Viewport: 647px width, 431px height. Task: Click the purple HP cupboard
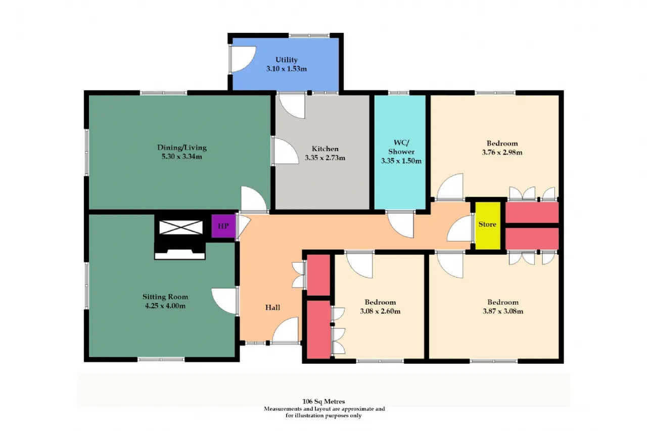pyautogui.click(x=223, y=226)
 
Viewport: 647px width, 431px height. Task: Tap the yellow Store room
pyautogui.click(x=488, y=225)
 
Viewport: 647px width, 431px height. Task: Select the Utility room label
pyautogui.click(x=286, y=60)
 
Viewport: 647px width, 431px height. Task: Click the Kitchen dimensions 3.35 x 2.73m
pyautogui.click(x=325, y=158)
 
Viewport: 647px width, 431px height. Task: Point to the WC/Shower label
pyautogui.click(x=401, y=147)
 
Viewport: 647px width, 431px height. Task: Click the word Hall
pyautogui.click(x=272, y=307)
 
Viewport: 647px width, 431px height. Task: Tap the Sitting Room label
pyautogui.click(x=165, y=297)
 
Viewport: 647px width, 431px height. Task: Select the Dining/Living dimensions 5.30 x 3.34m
pyautogui.click(x=181, y=157)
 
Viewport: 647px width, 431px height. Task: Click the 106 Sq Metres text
pyautogui.click(x=323, y=401)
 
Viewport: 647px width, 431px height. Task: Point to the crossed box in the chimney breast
pyautogui.click(x=181, y=227)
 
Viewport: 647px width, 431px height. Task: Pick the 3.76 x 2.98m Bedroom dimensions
pyautogui.click(x=502, y=153)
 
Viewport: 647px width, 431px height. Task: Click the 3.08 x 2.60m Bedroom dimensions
pyautogui.click(x=380, y=311)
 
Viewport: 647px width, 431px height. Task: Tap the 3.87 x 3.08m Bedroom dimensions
pyautogui.click(x=503, y=311)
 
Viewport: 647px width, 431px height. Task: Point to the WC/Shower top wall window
pyautogui.click(x=398, y=92)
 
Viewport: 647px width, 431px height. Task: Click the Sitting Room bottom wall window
pyautogui.click(x=161, y=359)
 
